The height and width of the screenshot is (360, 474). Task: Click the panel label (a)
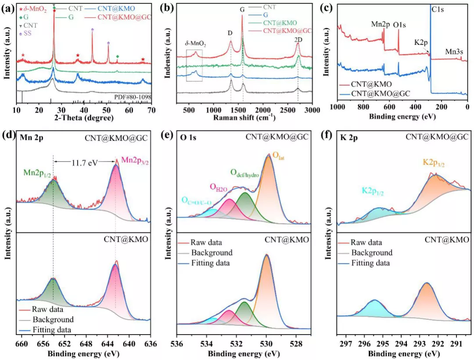click(x=7, y=7)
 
